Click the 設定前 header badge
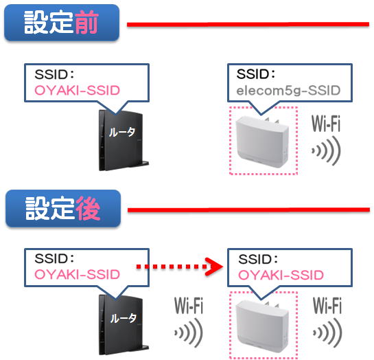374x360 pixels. point(62,23)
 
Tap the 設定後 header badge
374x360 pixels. point(63,208)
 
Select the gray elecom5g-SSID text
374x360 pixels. point(288,91)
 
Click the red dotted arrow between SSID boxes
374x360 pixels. point(179,267)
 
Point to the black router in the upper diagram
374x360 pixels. point(121,140)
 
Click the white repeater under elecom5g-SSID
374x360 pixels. point(262,142)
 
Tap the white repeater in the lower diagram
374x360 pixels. point(262,326)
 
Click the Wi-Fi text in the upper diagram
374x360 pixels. point(326,124)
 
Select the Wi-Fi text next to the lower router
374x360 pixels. point(189,305)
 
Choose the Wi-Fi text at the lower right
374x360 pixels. point(327,305)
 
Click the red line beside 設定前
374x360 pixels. point(248,24)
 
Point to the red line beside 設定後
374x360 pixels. point(248,210)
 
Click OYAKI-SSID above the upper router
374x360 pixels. point(77,91)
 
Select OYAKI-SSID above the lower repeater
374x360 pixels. point(281,275)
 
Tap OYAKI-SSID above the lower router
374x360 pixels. point(77,275)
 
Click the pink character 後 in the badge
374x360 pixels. point(88,208)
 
